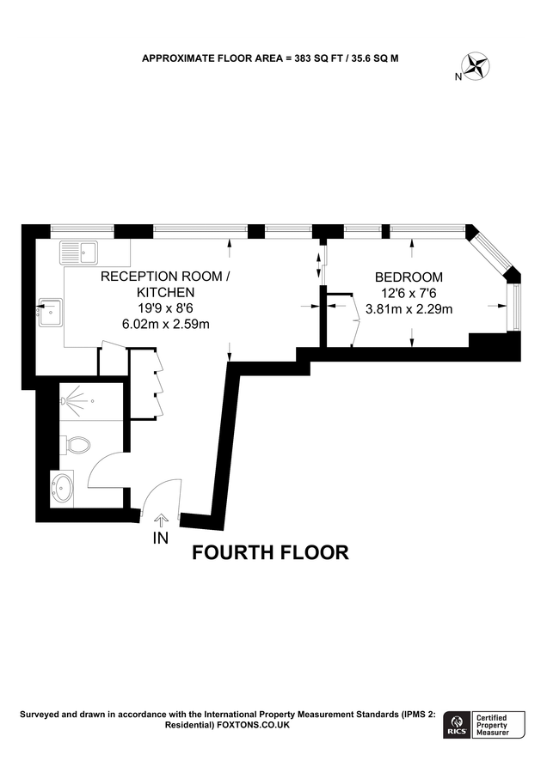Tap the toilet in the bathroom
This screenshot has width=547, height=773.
pos(77,445)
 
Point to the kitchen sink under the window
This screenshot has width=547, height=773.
pos(78,253)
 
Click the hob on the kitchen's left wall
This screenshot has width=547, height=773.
pos(51,307)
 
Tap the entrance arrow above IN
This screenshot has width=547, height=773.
pos(160,519)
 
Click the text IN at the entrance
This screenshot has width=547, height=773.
pos(160,539)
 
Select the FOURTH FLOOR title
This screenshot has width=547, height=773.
pos(270,552)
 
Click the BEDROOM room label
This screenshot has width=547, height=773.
pos(409,277)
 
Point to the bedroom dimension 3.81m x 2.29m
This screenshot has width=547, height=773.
pos(409,309)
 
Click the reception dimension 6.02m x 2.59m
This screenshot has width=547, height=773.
pos(166,324)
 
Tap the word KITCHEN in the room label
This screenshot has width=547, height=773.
pos(166,292)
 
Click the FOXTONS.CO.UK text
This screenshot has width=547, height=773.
pos(254,726)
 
